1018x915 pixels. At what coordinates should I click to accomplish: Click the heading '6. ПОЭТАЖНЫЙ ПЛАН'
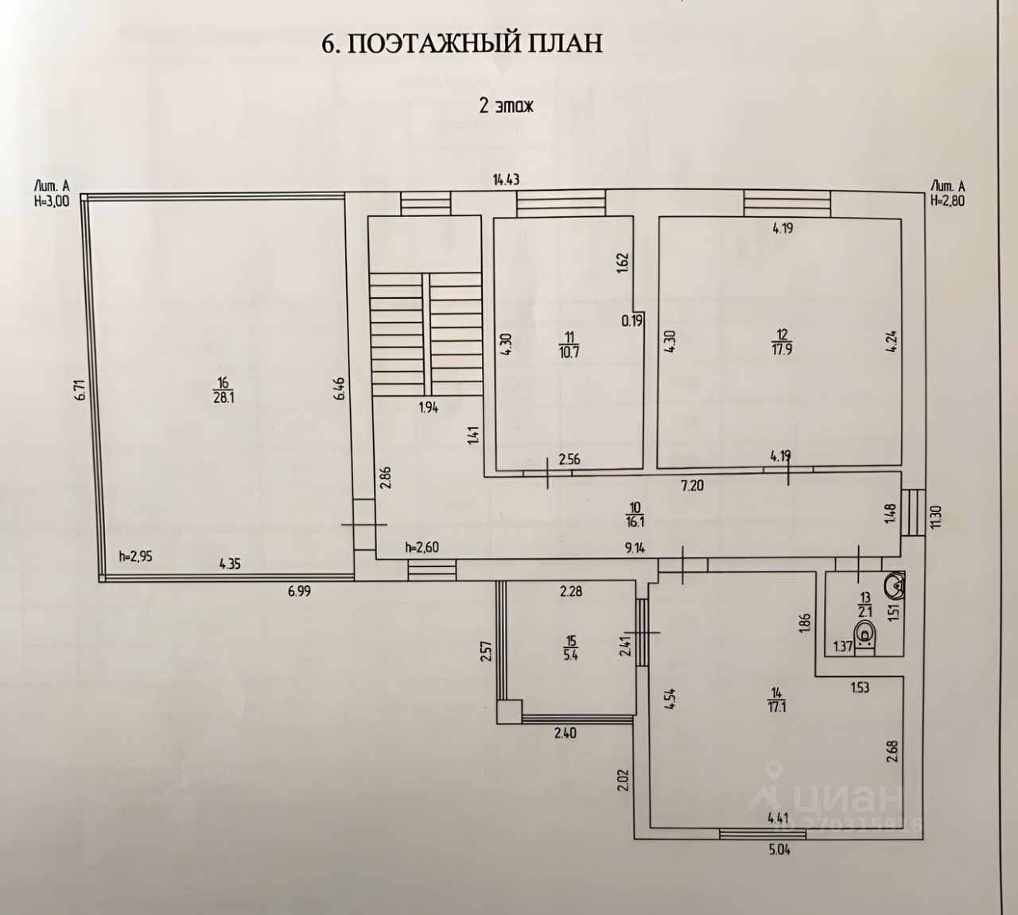pos(461,43)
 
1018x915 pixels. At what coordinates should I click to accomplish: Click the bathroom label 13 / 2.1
pos(865,605)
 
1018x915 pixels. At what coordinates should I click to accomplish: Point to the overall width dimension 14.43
pos(506,180)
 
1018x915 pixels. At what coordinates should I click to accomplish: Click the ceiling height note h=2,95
pos(134,556)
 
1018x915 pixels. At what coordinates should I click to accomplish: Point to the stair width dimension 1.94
pos(428,407)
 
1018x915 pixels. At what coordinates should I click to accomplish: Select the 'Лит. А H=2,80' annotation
pos(947,193)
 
